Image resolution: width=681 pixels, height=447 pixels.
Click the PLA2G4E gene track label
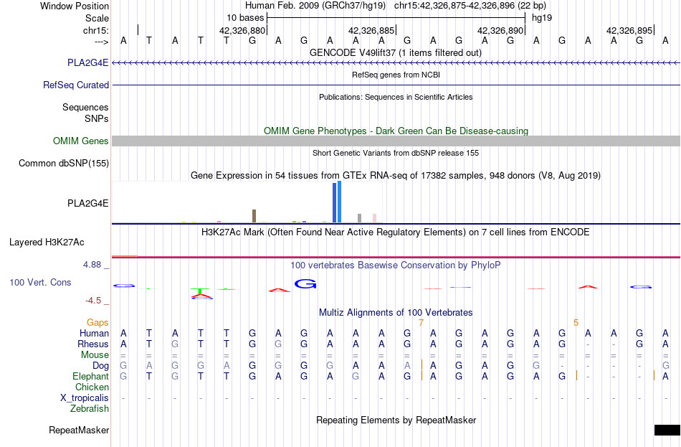(x=87, y=62)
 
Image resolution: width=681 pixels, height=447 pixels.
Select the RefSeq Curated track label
(x=76, y=85)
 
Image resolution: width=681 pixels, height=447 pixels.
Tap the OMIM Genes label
(x=81, y=141)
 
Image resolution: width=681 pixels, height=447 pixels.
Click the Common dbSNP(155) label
(x=64, y=163)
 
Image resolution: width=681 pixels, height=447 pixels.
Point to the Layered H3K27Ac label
(x=47, y=243)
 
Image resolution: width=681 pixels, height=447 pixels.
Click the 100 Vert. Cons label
(x=40, y=282)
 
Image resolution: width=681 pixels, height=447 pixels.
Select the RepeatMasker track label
(x=79, y=430)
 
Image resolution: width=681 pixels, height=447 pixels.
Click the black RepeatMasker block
(x=667, y=430)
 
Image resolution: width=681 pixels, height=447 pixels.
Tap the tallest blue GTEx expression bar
(x=340, y=202)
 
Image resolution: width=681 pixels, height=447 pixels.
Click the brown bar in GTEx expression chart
(x=254, y=216)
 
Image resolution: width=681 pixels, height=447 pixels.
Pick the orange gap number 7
(x=421, y=323)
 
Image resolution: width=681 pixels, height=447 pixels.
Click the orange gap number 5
(x=576, y=323)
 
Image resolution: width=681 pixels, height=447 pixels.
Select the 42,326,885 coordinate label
(x=371, y=30)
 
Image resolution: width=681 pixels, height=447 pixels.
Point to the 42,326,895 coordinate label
(x=629, y=30)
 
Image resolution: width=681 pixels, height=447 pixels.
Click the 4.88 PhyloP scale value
(x=92, y=264)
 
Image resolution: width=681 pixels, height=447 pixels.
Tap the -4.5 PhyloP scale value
(x=93, y=301)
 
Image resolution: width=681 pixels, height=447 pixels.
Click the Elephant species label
(x=91, y=376)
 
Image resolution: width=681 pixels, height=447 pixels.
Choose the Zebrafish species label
(x=90, y=408)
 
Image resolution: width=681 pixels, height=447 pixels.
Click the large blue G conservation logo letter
(x=305, y=284)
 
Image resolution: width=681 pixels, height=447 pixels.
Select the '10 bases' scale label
(x=245, y=18)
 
